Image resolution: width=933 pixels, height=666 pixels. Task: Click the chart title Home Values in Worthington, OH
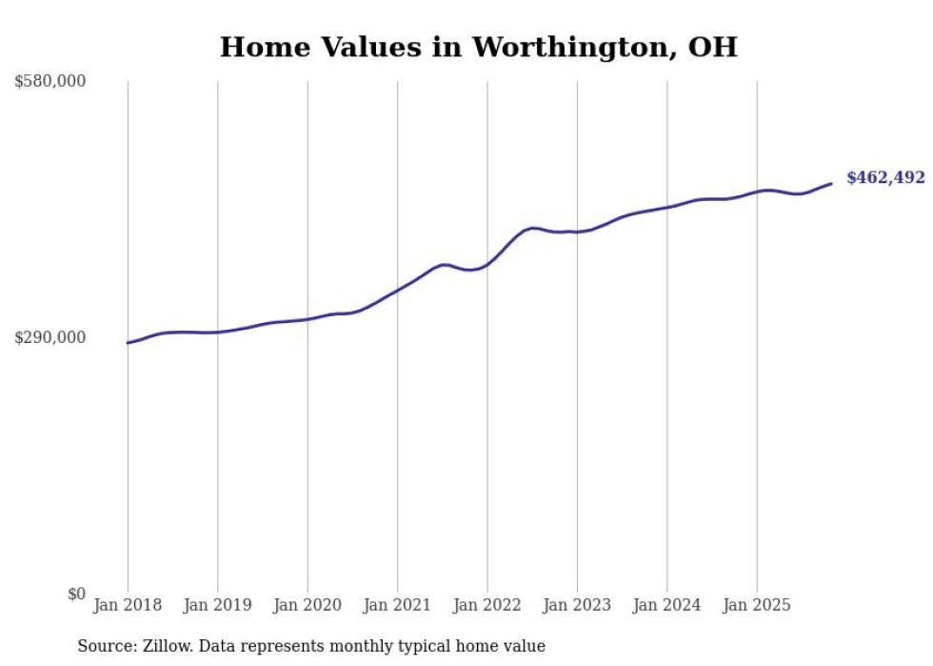(478, 47)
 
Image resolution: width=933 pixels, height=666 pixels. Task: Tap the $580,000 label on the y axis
(50, 82)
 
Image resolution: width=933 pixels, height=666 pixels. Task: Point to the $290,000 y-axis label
(50, 337)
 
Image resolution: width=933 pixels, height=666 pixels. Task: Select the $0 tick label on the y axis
(76, 594)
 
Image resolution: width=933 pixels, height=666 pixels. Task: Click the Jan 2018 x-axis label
(128, 605)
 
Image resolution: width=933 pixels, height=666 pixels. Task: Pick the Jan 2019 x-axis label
(217, 605)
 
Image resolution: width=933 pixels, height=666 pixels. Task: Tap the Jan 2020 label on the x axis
(308, 605)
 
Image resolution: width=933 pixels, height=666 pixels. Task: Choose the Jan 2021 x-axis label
(397, 605)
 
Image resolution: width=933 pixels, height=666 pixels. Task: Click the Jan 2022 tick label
(487, 605)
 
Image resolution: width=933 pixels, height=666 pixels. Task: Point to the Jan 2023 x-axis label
(577, 605)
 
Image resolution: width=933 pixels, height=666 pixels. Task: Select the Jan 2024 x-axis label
(667, 605)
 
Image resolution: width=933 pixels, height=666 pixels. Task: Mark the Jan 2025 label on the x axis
(757, 605)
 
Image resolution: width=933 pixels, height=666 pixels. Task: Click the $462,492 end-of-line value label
(885, 178)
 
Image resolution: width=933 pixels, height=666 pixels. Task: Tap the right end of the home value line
(831, 184)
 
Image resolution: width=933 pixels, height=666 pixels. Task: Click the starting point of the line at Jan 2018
(128, 343)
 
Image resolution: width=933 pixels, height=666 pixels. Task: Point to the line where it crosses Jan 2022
(487, 264)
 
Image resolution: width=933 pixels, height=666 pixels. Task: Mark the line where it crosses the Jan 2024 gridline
(667, 207)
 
